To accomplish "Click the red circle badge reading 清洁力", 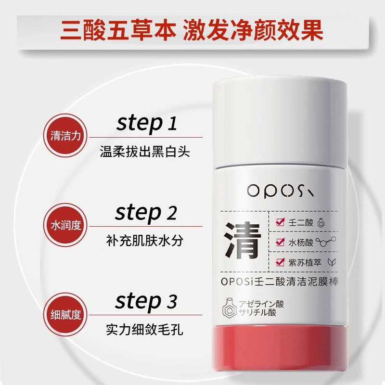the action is pos(65,136).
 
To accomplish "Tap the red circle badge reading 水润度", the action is pos(65,225).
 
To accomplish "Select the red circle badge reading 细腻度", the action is pos(65,315).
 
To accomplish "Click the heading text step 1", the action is pos(147,124).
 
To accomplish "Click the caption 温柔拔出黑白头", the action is pos(145,152).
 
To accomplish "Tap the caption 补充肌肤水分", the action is pos(145,240).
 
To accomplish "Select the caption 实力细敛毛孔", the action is pos(145,330).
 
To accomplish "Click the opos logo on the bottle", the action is pos(281,191).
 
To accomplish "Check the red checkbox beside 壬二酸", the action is pos(280,222).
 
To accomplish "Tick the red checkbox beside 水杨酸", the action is pos(280,242).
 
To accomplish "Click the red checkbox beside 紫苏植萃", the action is pos(280,262).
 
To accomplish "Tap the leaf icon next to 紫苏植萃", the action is pos(332,262).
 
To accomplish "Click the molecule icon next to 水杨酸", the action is pos(326,242).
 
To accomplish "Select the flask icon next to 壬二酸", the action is pos(321,222).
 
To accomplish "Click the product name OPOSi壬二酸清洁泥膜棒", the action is pos(280,282).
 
